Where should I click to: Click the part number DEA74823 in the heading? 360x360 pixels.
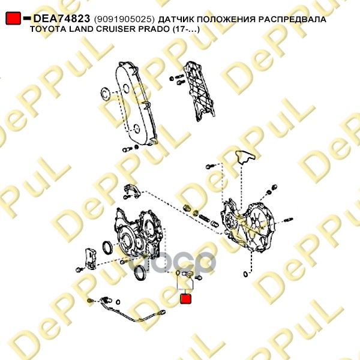click(62, 19)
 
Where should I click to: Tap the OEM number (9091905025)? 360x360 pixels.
click(125, 20)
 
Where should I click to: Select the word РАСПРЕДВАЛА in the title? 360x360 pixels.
click(292, 19)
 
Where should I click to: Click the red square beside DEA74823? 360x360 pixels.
click(13, 18)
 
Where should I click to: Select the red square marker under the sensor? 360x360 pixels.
click(186, 299)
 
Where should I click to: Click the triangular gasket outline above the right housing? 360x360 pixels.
click(245, 157)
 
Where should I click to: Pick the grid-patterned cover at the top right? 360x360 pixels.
click(199, 91)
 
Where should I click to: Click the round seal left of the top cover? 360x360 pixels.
click(106, 94)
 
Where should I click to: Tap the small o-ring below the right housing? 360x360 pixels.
click(245, 274)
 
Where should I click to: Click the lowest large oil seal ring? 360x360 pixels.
click(139, 272)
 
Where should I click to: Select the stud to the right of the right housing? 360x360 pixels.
click(288, 220)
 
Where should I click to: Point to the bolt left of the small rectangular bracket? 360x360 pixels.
click(79, 269)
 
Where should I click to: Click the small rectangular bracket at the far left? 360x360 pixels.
click(91, 259)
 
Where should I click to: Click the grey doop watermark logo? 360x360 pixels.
click(171, 263)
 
